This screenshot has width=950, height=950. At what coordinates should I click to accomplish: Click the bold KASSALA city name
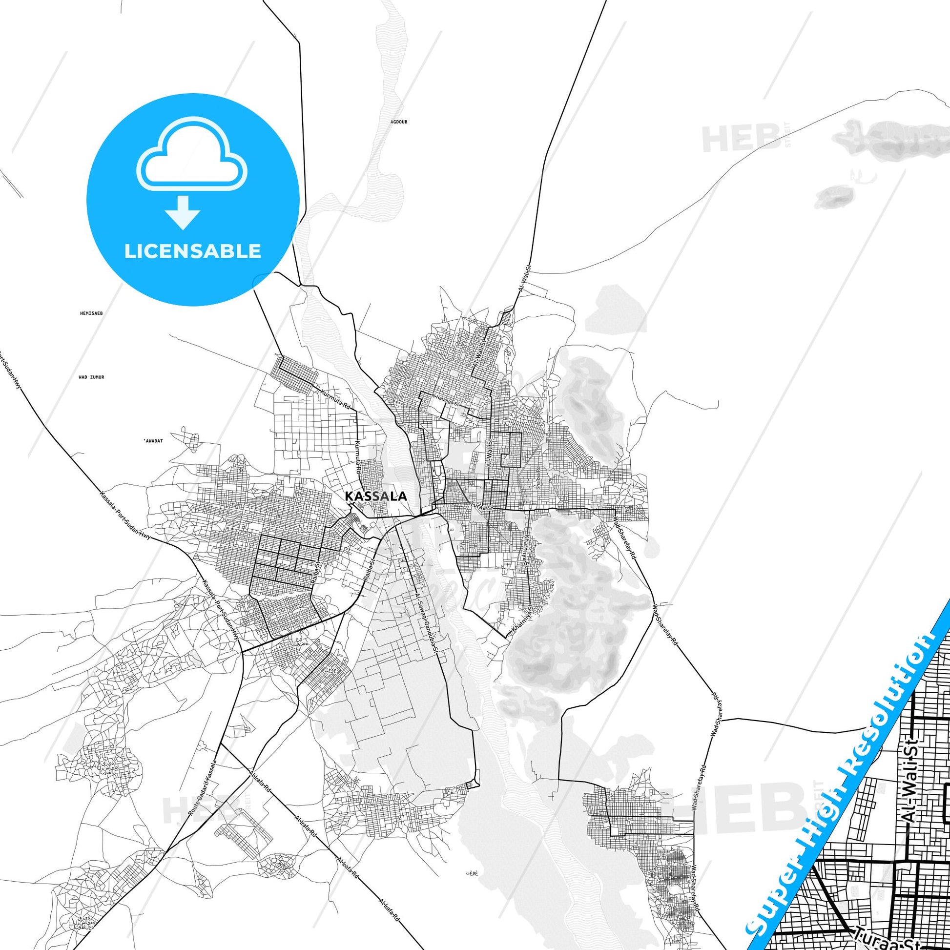click(x=376, y=496)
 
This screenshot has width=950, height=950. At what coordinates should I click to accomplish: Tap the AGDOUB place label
click(x=399, y=122)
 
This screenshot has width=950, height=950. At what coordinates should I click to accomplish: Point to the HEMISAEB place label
click(x=91, y=313)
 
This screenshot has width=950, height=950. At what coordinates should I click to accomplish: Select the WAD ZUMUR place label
click(x=91, y=377)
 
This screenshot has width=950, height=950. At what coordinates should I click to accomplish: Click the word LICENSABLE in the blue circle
click(x=193, y=251)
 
